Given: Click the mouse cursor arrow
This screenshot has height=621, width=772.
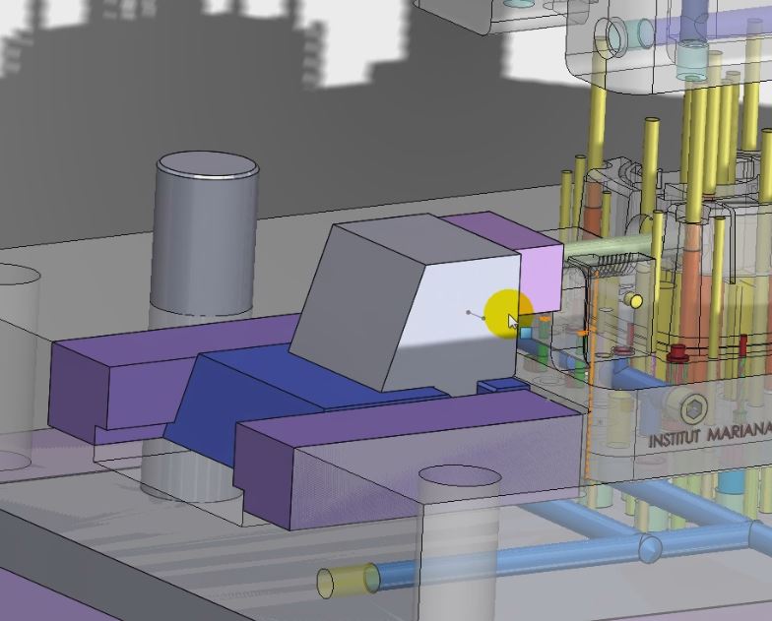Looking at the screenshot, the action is coord(513,322).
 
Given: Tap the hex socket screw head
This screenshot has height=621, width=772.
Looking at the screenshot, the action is coord(693,407).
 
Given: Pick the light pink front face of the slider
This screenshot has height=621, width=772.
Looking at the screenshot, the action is coord(542,278).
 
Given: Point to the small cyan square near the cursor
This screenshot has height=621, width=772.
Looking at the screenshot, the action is coord(526,333).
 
